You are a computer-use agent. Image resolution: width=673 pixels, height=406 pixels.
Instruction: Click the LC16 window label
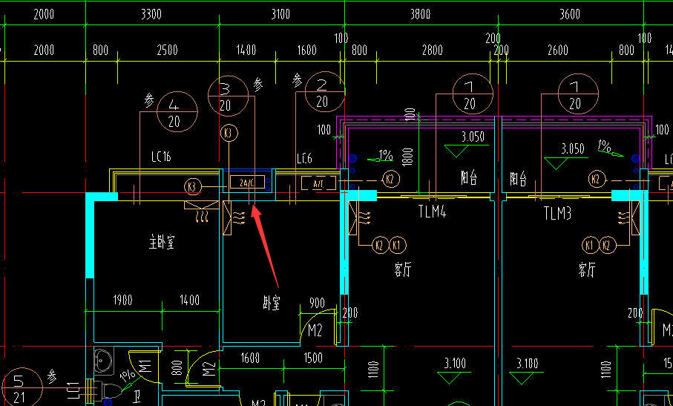click(x=161, y=157)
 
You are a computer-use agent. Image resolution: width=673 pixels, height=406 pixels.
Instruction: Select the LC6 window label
click(x=304, y=159)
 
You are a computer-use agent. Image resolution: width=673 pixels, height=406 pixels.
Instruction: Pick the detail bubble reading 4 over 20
click(x=174, y=113)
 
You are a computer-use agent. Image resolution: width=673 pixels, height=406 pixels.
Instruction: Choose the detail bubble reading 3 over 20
click(x=226, y=97)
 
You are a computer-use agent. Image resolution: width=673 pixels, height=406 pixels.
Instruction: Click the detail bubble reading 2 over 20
click(x=322, y=93)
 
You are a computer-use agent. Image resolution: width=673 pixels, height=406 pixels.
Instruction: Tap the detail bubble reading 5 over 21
click(x=19, y=388)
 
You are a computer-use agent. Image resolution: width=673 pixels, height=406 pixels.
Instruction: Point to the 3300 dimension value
click(x=151, y=14)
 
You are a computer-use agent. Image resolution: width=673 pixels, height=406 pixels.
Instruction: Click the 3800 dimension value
click(x=419, y=14)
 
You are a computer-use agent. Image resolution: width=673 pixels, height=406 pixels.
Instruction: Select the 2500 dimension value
click(x=167, y=50)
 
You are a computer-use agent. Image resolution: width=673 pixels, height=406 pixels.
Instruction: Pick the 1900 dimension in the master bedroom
click(x=122, y=301)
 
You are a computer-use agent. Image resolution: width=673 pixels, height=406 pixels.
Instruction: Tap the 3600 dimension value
click(x=570, y=14)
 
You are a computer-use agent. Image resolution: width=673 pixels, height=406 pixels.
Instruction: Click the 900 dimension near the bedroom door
click(x=317, y=303)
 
